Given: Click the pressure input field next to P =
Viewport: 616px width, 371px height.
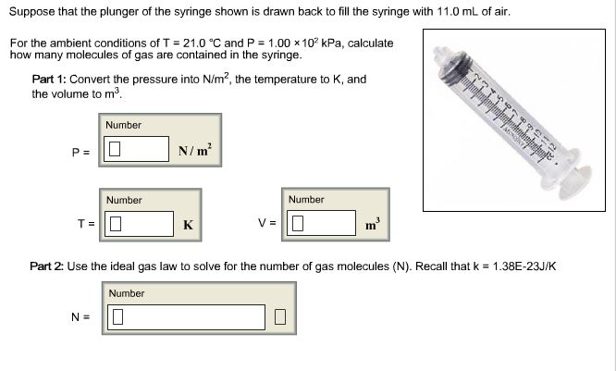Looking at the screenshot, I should point(139,149).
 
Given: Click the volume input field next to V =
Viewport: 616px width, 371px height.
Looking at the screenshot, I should point(321,224).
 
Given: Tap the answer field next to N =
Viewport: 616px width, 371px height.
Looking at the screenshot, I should point(189,317).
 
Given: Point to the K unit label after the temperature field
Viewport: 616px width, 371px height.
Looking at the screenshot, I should point(188,224).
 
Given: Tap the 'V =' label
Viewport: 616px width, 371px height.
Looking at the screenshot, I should point(266,224).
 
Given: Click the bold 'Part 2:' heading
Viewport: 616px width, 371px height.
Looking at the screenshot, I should point(46,266).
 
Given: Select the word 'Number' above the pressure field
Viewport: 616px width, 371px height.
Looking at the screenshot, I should point(124,125).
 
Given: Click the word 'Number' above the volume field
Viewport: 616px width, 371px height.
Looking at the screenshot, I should point(306,200).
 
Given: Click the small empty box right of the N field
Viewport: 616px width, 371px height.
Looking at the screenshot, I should point(281,318).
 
